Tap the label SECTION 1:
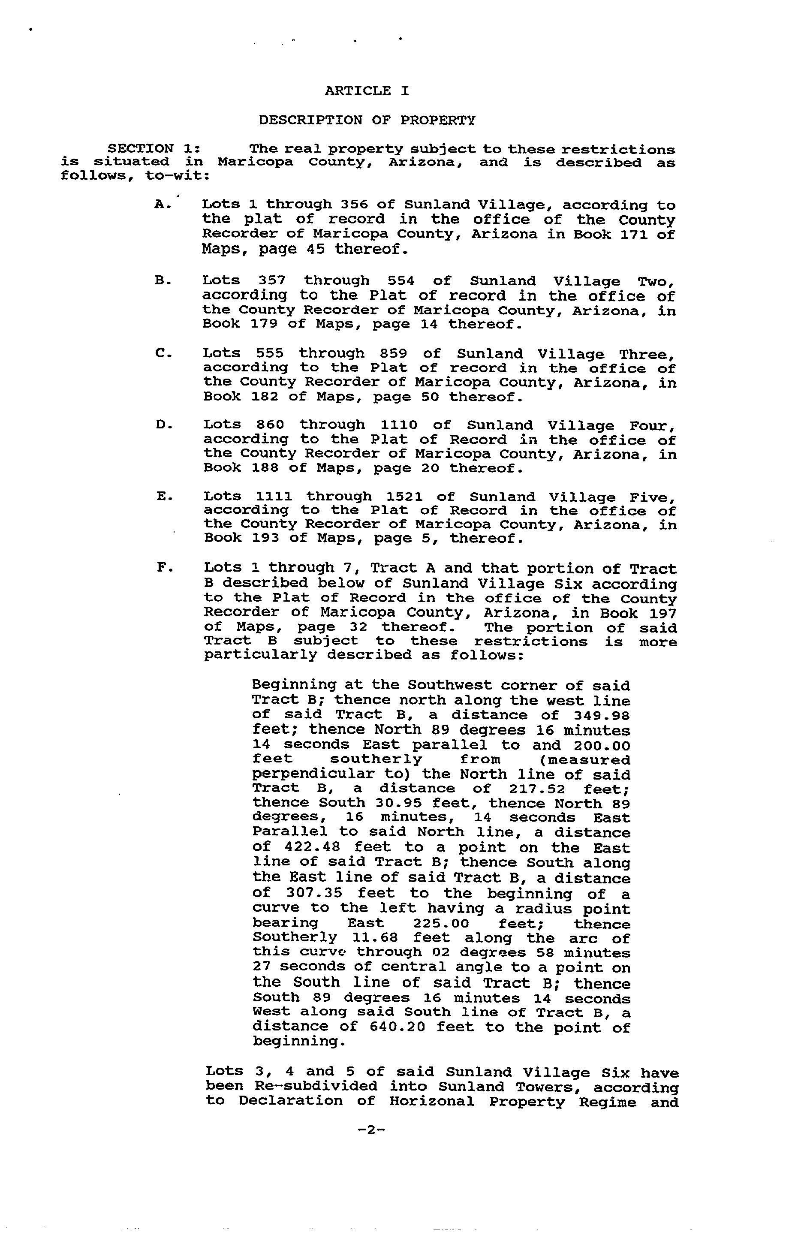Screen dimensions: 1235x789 [x=154, y=149]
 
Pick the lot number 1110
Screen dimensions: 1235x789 [x=399, y=425]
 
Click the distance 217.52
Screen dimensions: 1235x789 [x=538, y=788]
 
